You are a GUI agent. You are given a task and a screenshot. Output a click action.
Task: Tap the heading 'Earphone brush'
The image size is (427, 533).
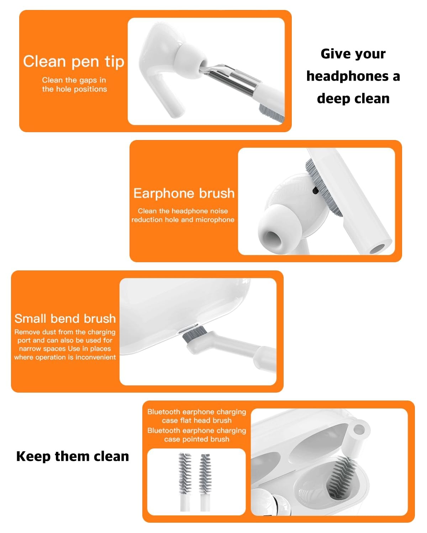[x=184, y=193]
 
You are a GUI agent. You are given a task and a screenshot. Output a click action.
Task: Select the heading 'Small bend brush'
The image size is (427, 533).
[x=65, y=318]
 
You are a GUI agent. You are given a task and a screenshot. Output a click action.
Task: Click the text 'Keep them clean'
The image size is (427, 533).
[x=73, y=456]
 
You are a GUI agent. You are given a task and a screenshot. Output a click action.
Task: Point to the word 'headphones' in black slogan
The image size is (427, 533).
[x=347, y=76]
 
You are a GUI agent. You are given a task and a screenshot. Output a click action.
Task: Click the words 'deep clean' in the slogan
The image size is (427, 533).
[x=353, y=98]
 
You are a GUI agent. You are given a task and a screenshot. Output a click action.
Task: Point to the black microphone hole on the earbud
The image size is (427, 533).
[x=315, y=190]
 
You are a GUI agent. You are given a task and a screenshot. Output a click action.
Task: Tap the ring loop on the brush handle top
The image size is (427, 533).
[x=360, y=430]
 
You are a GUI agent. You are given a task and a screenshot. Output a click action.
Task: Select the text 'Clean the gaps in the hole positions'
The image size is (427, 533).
[x=74, y=85]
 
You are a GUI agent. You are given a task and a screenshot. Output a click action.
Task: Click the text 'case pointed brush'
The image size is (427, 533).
[x=196, y=439]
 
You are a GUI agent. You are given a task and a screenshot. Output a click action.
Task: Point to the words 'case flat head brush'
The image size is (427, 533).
[x=196, y=420]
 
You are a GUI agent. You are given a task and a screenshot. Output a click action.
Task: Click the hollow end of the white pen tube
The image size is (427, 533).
[x=377, y=248]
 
